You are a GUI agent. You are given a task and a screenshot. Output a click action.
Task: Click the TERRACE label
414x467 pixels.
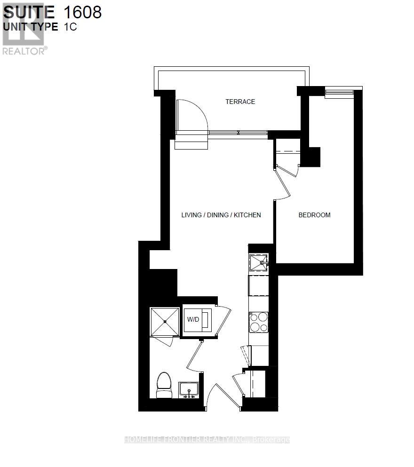pyautogui.click(x=240, y=102)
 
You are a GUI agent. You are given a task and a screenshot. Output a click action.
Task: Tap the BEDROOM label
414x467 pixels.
pyautogui.click(x=314, y=215)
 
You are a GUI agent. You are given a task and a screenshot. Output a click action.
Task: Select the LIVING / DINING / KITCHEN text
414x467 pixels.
pyautogui.click(x=221, y=215)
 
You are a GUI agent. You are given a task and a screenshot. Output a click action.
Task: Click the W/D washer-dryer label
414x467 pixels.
pyautogui.click(x=193, y=320)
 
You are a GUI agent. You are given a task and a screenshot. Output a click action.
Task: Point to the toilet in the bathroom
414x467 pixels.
pyautogui.click(x=164, y=386)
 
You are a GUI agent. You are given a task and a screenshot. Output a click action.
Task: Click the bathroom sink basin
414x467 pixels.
pyautogui.click(x=189, y=389)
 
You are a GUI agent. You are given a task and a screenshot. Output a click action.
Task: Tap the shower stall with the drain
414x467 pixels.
pyautogui.click(x=165, y=322)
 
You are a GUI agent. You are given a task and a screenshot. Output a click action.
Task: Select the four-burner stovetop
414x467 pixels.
pyautogui.click(x=258, y=322)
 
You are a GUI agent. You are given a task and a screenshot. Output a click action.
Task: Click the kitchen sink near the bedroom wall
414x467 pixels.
pyautogui.click(x=258, y=262)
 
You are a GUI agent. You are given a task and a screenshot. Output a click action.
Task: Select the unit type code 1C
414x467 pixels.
pyautogui.click(x=71, y=27)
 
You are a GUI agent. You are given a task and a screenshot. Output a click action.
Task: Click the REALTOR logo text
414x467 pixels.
pyautogui.click(x=24, y=51)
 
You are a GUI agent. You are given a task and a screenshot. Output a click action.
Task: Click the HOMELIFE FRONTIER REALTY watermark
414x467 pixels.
pyautogui.click(x=207, y=440)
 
